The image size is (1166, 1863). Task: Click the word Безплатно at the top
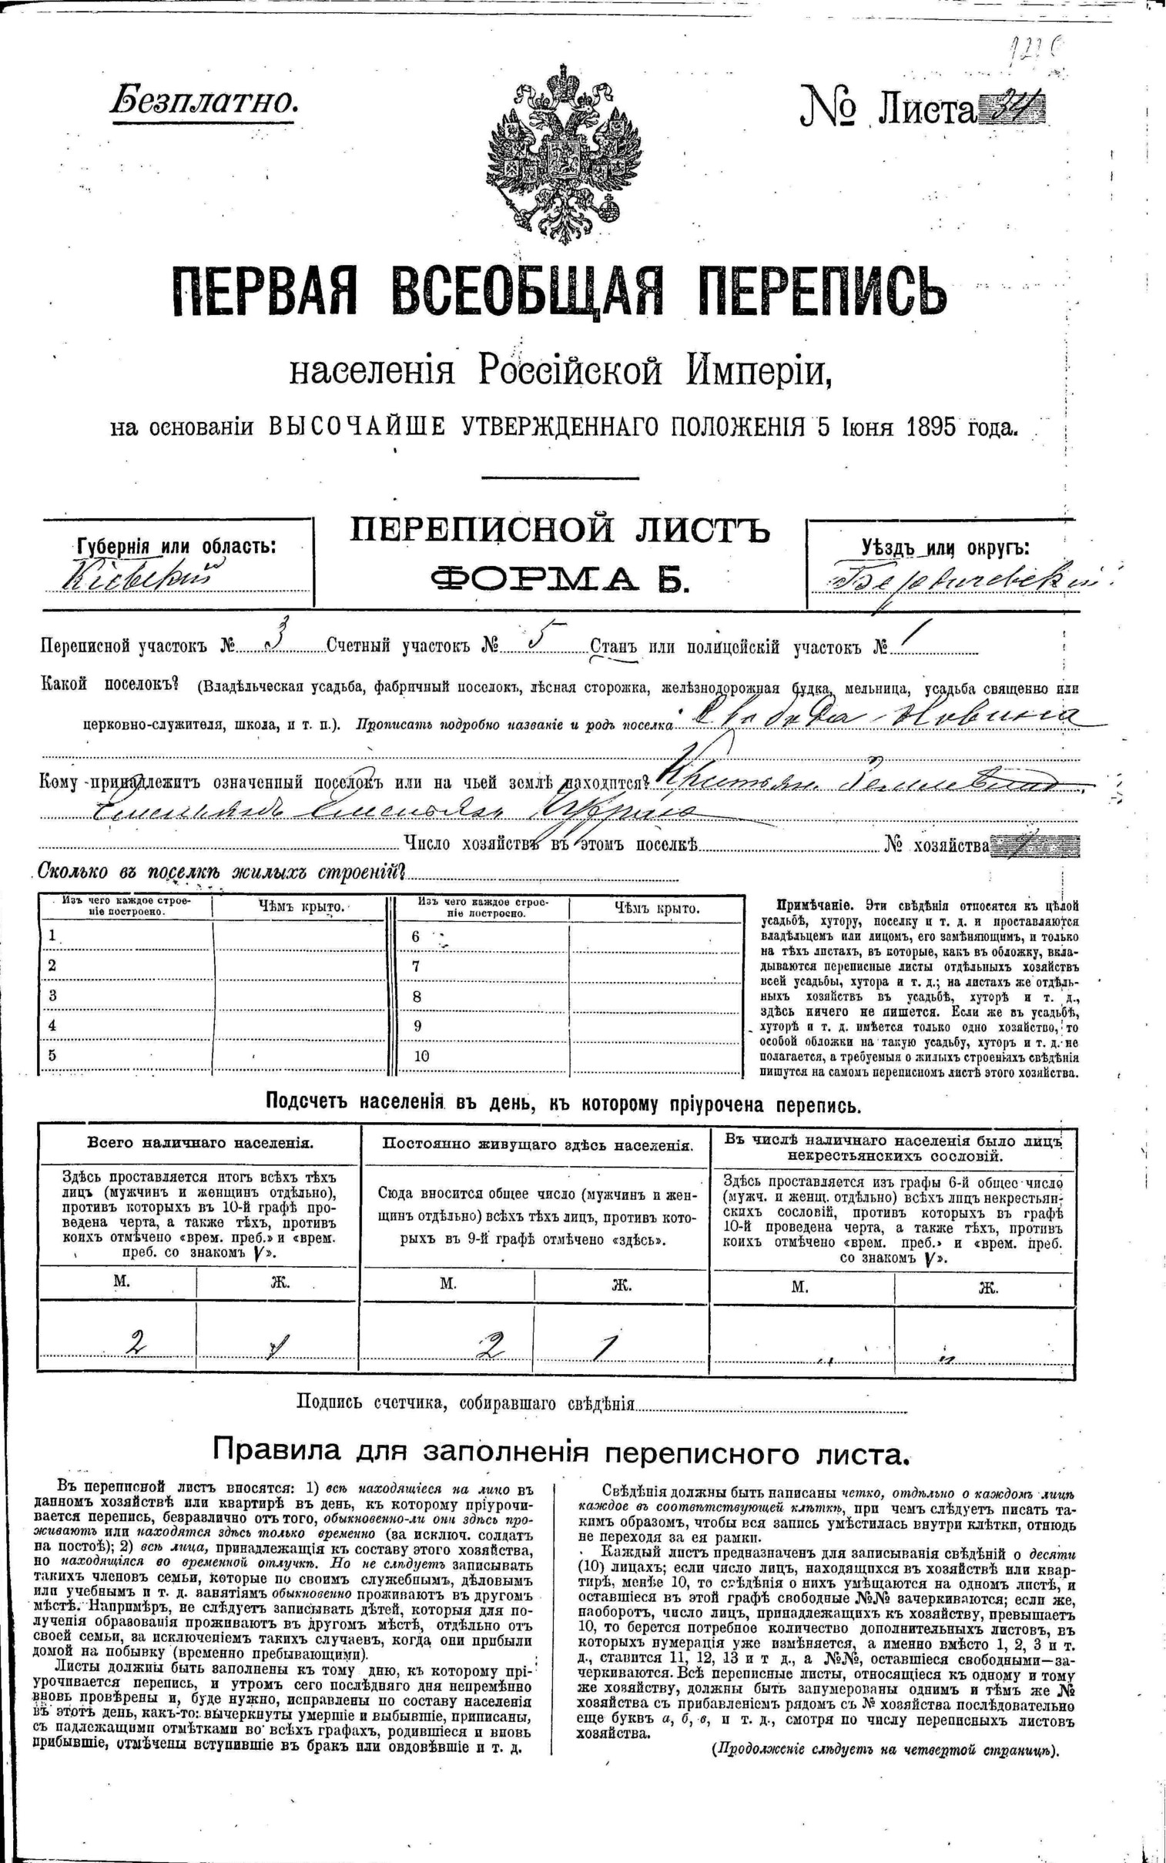tap(204, 101)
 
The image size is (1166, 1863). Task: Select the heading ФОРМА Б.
tap(560, 578)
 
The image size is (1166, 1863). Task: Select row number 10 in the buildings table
tap(420, 1057)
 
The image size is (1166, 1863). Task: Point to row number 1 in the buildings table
tap(52, 936)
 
